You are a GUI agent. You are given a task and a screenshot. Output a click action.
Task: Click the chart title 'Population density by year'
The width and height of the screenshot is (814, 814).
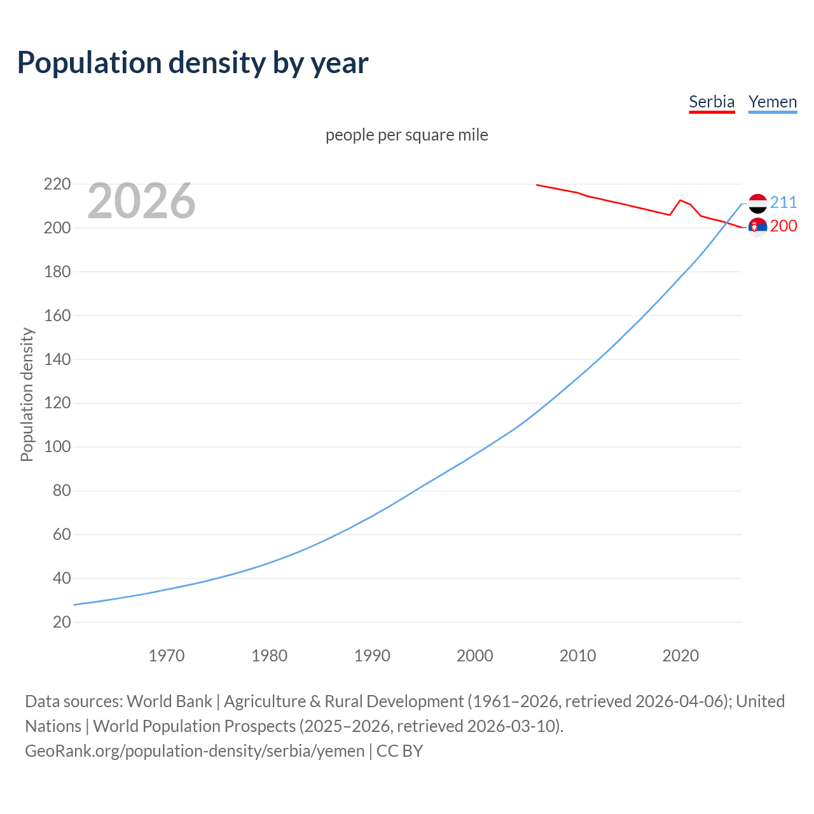pos(193,62)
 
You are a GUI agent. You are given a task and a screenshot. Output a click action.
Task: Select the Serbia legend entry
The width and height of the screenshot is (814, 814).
pos(712,102)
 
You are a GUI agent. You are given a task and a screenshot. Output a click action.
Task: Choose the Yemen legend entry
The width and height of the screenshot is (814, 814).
pos(773,102)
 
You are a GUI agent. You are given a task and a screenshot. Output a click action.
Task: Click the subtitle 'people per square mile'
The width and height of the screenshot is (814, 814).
pos(407,135)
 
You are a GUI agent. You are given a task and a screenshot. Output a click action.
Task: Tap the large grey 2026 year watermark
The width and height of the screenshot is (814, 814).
pos(141,201)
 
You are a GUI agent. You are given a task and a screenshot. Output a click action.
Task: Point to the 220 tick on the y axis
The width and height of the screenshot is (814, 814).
pos(57,184)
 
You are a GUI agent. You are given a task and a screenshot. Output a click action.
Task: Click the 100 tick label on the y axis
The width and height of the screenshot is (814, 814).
pos(57,447)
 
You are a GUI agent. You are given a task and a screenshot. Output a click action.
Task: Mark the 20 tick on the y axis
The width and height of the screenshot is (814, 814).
pos(62,622)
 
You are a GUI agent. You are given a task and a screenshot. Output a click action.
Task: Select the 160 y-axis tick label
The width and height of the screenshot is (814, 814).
pos(57,315)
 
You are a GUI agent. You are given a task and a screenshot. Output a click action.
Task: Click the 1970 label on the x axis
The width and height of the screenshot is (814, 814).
pos(167,656)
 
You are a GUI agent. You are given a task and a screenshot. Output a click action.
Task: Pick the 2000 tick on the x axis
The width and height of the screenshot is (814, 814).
pos(475,656)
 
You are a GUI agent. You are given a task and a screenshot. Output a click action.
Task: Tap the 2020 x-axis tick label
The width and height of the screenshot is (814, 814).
pos(680,656)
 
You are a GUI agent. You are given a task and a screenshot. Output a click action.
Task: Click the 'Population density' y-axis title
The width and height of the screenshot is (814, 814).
pos(27,394)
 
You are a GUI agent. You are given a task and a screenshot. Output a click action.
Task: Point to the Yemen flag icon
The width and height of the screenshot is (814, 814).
pos(757,203)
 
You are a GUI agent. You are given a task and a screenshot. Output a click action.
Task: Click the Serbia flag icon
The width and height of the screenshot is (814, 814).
pos(757,227)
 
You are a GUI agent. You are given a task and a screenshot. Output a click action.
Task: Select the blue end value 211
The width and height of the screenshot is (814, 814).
pos(783,202)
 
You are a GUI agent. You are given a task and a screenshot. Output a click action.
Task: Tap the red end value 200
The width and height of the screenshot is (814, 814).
pos(783,226)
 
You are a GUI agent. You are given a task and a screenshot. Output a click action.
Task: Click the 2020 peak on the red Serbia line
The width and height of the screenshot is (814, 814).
pos(680,200)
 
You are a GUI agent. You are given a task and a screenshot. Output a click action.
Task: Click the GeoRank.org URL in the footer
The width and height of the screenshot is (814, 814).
pos(195,751)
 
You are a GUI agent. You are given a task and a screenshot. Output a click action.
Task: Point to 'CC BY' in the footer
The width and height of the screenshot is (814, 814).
pos(399,751)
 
